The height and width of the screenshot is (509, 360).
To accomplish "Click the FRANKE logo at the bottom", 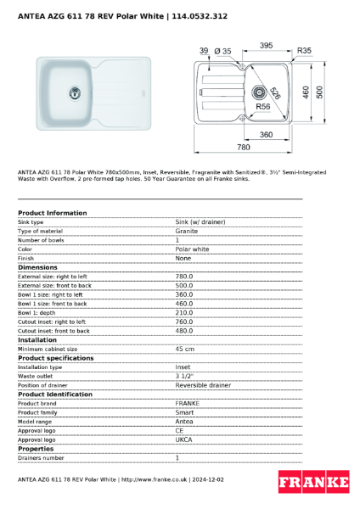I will coord(313,483).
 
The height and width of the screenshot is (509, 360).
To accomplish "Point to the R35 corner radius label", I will coord(305,52).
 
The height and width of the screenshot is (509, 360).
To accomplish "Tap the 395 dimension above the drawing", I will coord(266,46).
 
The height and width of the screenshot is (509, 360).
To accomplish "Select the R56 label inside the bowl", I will coord(263,108).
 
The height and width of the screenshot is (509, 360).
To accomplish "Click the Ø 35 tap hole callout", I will coord(223,52).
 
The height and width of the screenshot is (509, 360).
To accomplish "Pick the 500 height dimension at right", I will coord(320,92).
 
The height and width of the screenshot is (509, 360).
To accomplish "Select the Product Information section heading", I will coord(52,213).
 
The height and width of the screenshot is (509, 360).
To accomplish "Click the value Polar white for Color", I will coord(192,249).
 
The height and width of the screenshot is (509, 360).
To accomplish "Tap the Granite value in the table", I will coord(187,231).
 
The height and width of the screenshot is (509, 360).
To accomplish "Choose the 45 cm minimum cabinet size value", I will coord(184,349).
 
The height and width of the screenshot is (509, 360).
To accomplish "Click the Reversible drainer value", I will coord(203,385).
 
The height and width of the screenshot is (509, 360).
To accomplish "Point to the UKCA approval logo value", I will coord(184,439).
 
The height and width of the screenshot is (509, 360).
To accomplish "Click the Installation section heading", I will coord(37,339).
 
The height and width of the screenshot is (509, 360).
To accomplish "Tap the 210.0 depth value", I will coord(184,312).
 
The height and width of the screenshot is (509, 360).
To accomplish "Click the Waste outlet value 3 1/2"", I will coord(184,376).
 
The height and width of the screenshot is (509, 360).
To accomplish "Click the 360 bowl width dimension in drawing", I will coord(266,135).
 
